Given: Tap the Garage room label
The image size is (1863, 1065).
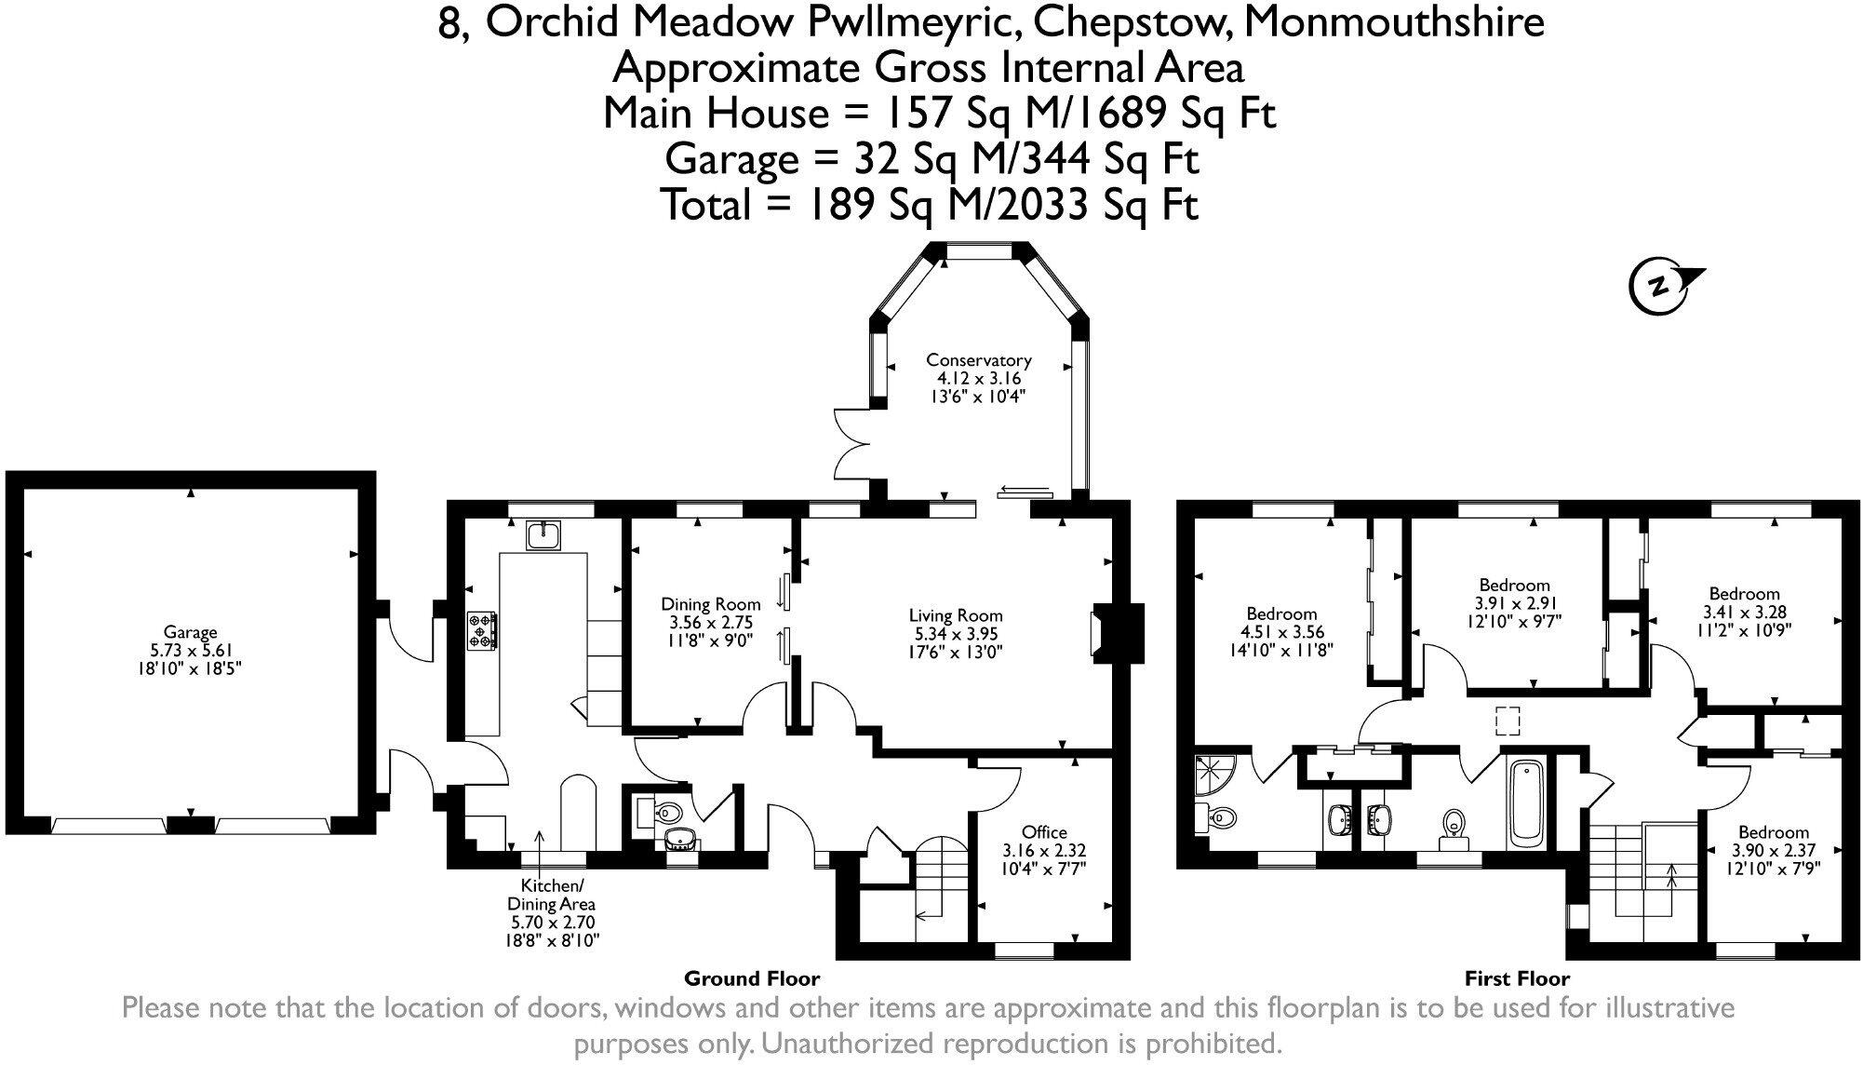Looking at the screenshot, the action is pos(190,632).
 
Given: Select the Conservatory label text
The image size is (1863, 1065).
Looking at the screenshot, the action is pos(979,360).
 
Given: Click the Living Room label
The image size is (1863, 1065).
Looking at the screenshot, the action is pos(956,615).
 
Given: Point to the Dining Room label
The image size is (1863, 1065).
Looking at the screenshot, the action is pos(711,604).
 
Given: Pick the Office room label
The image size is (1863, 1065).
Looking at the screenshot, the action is pos(1044,831).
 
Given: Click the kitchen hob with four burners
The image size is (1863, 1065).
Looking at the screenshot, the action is pos(481,629).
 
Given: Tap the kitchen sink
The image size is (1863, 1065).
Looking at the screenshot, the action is pos(543,534).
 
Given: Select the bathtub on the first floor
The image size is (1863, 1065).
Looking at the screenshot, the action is pos(1526,803).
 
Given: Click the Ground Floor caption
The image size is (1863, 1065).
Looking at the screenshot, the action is pos(752,978).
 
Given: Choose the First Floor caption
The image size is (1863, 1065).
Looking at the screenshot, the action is pos(1517,978).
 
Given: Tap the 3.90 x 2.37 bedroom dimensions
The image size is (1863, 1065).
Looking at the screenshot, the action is pos(1775,850).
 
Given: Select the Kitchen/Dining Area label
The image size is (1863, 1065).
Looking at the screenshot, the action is pos(551,895).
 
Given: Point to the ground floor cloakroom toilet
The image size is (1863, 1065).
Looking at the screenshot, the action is pos(667,813).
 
